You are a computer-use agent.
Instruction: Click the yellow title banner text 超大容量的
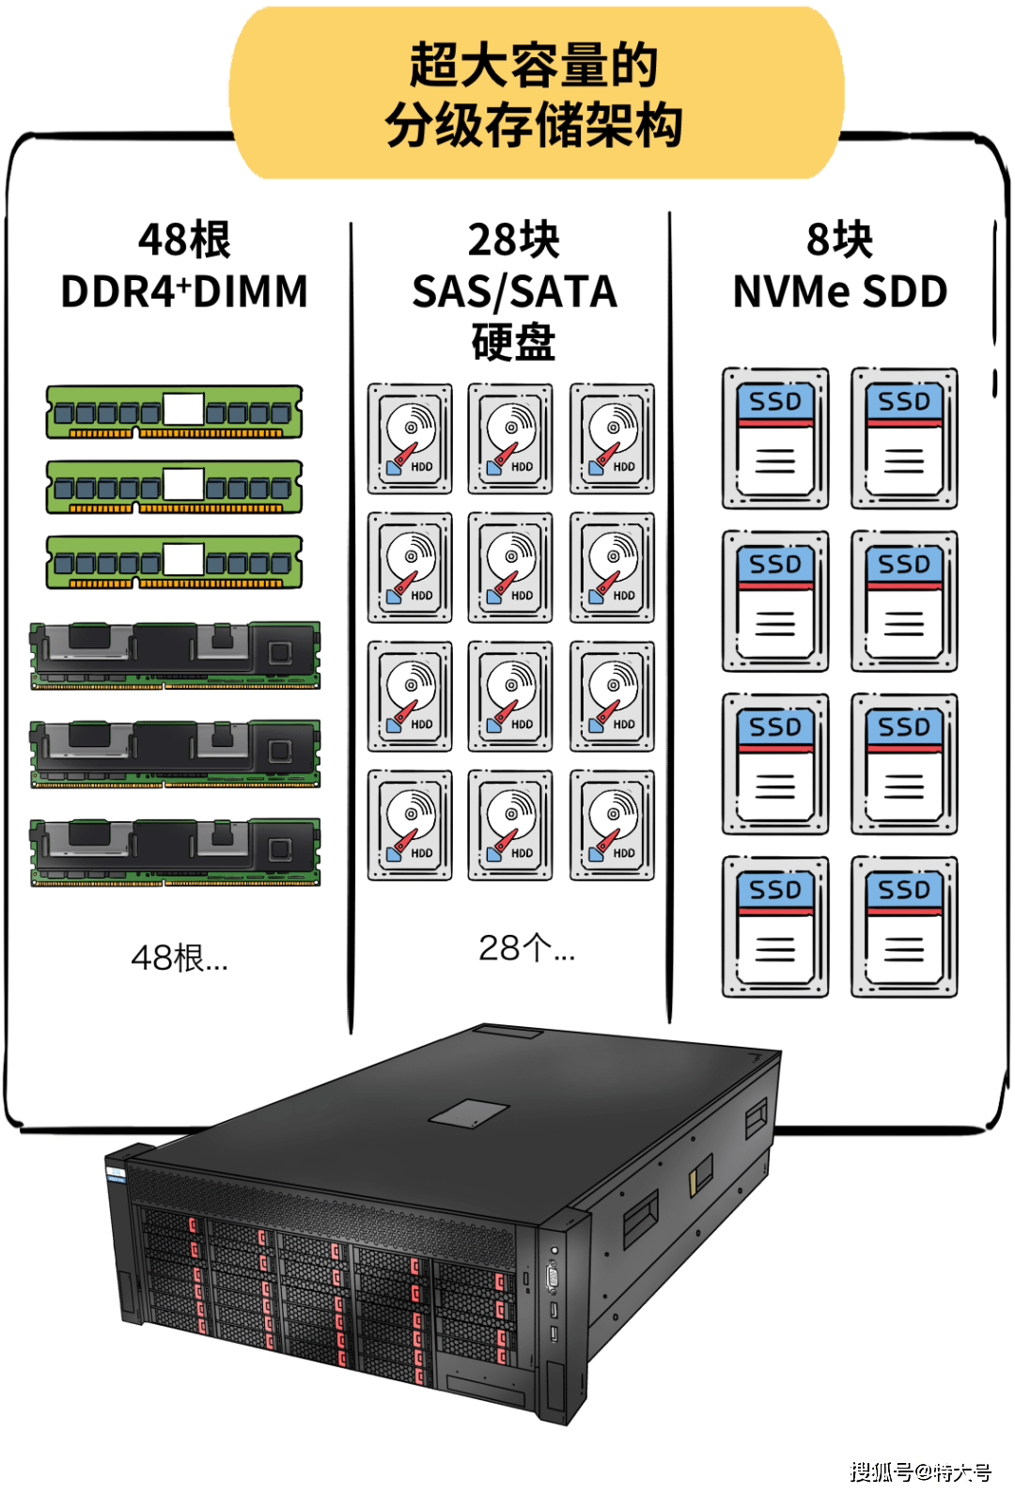[x=534, y=65]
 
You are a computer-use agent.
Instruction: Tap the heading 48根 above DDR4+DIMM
[x=184, y=241]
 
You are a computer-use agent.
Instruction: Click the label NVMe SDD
[x=840, y=291]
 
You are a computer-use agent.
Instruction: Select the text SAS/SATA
[x=515, y=292]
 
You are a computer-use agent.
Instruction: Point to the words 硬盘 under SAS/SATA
[x=513, y=341]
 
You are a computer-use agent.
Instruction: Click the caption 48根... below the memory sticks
[x=180, y=957]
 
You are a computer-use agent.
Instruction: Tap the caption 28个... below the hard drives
[x=527, y=947]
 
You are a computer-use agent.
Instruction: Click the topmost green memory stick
[x=174, y=412]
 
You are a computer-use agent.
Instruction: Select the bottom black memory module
[x=176, y=851]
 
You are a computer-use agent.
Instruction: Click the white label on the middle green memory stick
[x=183, y=484]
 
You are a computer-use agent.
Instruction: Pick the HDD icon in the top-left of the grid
[x=410, y=438]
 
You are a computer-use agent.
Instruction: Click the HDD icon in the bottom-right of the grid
[x=612, y=825]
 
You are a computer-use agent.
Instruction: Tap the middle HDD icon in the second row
[x=510, y=568]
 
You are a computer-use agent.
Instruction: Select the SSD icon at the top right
[x=904, y=438]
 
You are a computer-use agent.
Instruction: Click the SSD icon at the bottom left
[x=775, y=927]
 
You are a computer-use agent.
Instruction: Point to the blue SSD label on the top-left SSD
[x=775, y=401]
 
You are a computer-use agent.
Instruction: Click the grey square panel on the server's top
[x=469, y=1113]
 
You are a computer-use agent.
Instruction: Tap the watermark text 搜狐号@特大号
[x=920, y=1471]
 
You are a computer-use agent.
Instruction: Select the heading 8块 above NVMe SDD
[x=839, y=241]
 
